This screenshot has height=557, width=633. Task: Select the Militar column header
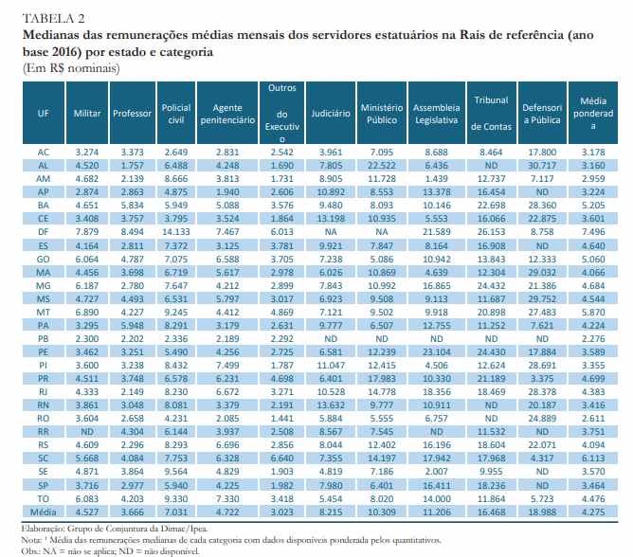point(87,113)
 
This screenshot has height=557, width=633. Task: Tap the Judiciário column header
point(331,113)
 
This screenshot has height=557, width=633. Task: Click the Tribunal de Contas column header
point(490,113)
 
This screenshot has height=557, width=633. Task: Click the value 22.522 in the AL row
point(384,163)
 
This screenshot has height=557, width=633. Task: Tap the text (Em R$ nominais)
point(63,67)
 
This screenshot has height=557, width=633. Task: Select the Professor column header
point(132,113)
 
